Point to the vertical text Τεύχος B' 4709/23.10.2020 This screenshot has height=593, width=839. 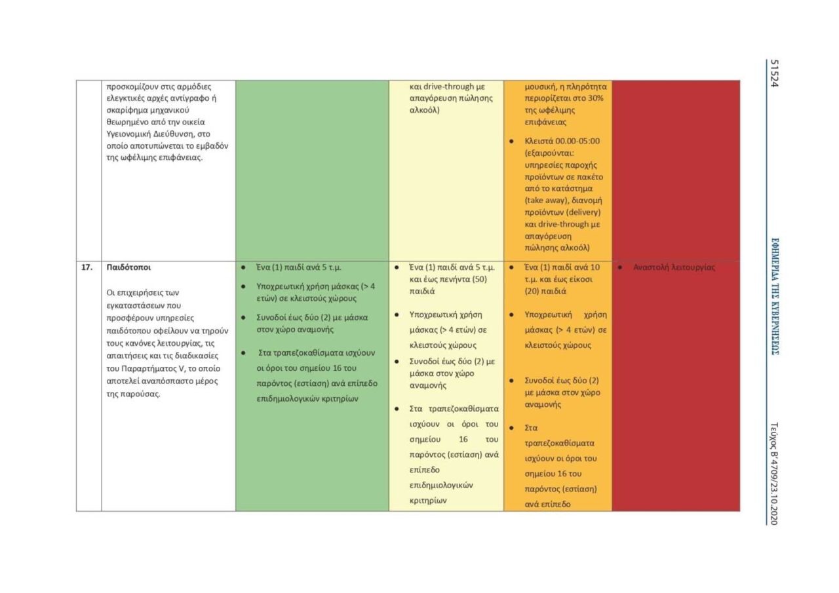pos(774,472)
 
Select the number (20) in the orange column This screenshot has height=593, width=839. pos(537,291)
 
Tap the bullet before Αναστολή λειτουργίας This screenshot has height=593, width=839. pos(619,267)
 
